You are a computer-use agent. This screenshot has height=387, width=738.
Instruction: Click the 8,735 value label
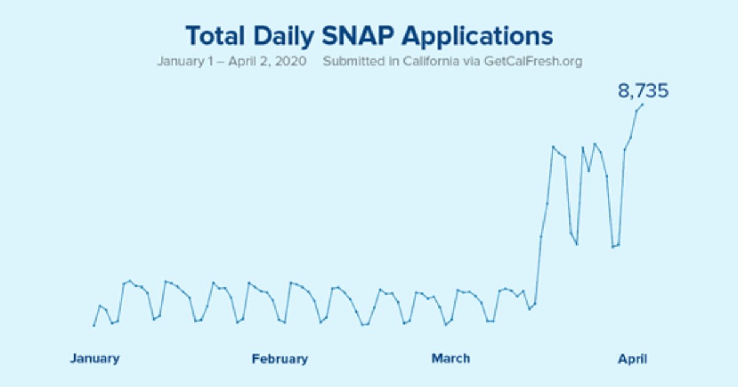click(x=643, y=92)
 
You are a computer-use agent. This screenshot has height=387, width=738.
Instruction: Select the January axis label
click(x=95, y=359)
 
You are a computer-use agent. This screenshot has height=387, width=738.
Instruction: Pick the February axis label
click(x=280, y=359)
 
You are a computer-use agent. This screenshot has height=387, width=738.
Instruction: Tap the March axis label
click(x=451, y=359)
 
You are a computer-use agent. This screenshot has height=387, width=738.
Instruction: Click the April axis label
click(x=632, y=359)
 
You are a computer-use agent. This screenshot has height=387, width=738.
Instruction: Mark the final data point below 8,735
click(x=643, y=104)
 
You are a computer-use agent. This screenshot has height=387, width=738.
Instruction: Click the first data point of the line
click(x=94, y=325)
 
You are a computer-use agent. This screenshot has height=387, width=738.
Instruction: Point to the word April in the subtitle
click(x=237, y=62)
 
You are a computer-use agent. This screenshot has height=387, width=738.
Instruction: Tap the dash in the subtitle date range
click(x=216, y=62)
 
